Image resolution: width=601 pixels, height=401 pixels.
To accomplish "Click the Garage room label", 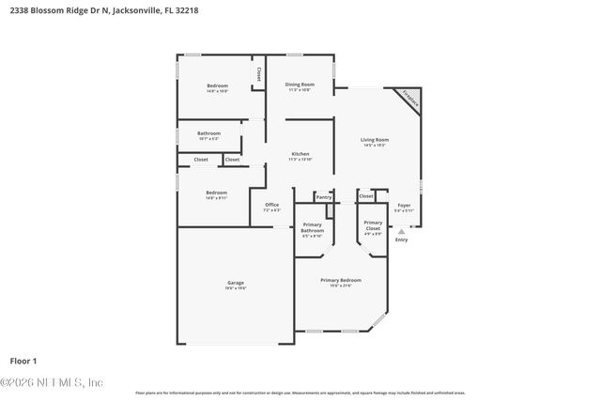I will pos(235,283).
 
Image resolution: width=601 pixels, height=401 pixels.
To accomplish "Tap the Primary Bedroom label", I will pos(340,280).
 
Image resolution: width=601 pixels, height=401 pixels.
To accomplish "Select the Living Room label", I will pos(375,140).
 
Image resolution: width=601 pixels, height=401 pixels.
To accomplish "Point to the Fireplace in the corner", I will pos(410,96).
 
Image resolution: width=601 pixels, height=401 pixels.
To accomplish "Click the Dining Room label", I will pos(300,85).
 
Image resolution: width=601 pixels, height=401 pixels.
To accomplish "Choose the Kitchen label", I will pos(300,154).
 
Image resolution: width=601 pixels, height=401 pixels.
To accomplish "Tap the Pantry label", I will pos(323,197).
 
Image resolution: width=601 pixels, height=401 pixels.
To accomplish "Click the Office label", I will pos(271,205).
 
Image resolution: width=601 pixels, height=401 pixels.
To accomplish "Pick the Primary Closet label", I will pos(373,225).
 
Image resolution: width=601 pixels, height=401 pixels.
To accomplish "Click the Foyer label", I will pos(404,205).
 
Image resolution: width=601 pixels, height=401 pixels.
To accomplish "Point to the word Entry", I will pos(402,240).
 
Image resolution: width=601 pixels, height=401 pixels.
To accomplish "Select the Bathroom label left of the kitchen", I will pos(208,133).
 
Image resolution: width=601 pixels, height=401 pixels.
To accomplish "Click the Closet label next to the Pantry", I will pos(365,197).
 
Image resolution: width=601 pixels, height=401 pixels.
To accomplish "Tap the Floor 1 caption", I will pos(23,361).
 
